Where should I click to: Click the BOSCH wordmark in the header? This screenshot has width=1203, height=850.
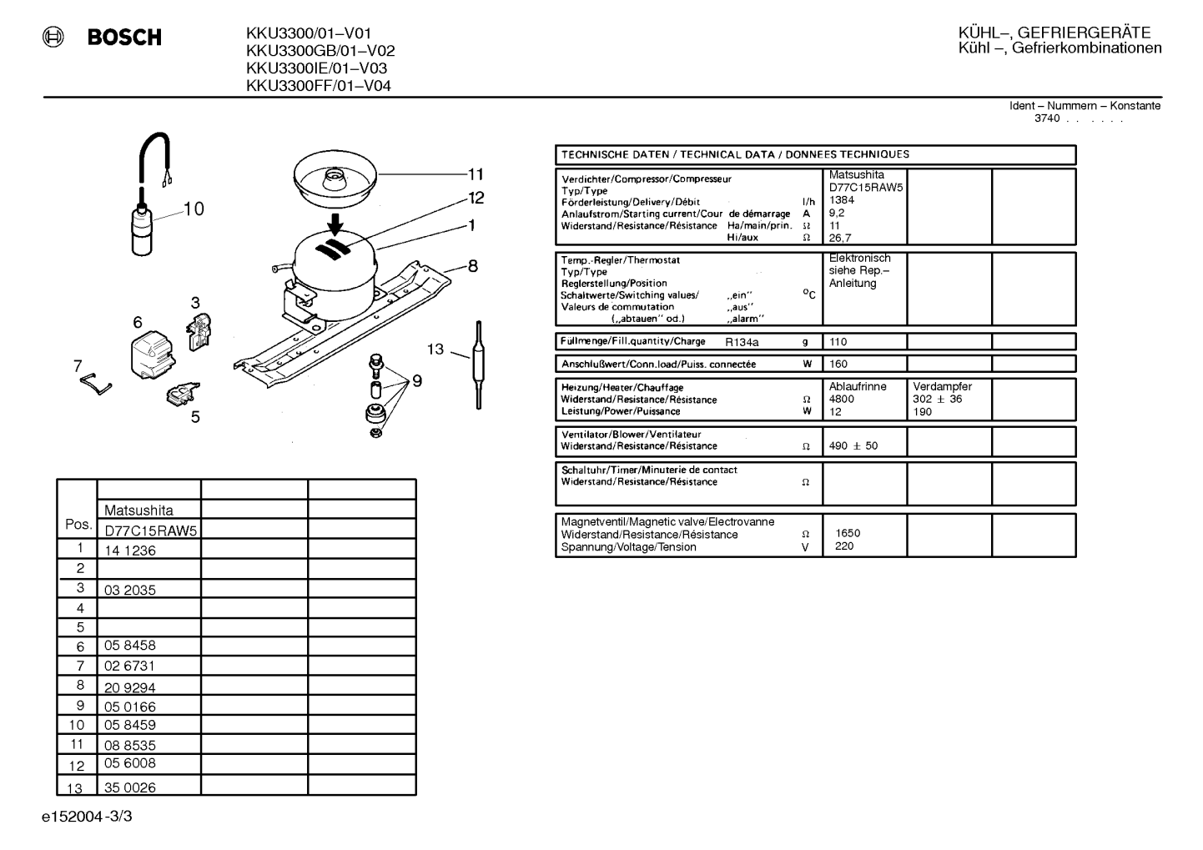[124, 37]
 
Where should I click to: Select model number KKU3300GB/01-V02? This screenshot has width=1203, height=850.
[320, 51]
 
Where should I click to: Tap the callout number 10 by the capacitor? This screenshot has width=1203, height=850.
[194, 209]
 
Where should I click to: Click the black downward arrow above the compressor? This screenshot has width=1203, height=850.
[335, 224]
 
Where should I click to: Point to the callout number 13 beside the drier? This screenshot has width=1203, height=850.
[435, 350]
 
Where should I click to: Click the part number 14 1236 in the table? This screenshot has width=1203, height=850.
[130, 551]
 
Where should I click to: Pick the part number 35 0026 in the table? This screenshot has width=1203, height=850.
[130, 787]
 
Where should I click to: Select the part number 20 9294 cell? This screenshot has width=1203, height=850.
[130, 688]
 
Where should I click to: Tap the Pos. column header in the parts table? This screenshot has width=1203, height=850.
[78, 524]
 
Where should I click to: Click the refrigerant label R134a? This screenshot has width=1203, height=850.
[742, 342]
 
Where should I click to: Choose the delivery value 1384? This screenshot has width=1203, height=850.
[842, 199]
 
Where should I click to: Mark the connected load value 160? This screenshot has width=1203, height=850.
[838, 364]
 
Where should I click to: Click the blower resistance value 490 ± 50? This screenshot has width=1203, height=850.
[853, 445]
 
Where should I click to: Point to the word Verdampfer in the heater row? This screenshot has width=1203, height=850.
[943, 386]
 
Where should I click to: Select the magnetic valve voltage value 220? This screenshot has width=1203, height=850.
[844, 546]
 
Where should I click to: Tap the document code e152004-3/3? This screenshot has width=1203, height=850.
[87, 817]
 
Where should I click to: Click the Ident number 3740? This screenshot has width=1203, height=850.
[1047, 118]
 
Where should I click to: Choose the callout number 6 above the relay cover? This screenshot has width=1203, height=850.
[138, 322]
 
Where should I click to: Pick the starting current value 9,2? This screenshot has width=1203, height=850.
[837, 213]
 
